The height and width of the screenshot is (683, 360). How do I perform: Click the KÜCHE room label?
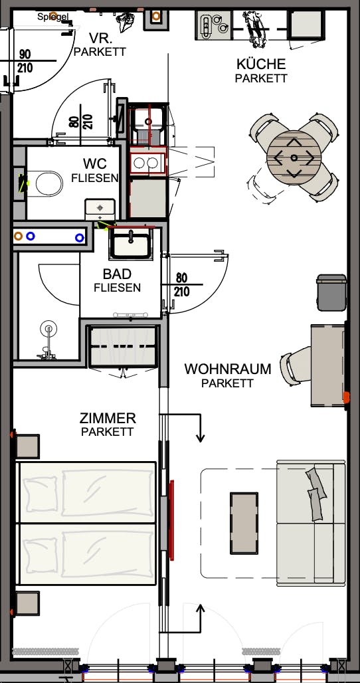point(261,64)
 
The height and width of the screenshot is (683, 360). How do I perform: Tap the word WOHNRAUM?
point(228,369)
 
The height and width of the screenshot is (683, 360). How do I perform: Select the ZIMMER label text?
point(108,419)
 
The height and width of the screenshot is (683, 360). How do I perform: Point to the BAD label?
point(117,274)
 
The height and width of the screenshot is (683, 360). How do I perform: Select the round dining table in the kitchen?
point(294,157)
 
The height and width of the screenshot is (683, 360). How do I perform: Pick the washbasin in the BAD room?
point(132,242)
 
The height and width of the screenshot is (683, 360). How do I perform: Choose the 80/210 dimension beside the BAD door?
point(181,285)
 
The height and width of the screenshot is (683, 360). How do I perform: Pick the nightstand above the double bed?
point(28,445)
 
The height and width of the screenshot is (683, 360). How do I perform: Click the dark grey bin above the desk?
point(331,292)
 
